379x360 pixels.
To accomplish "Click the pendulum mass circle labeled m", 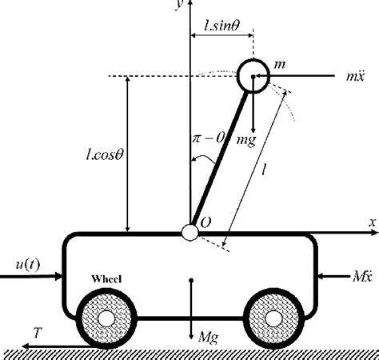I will pyautogui.click(x=253, y=75).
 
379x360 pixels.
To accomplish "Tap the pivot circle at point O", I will pyautogui.click(x=189, y=232).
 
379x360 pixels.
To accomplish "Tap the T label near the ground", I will pyautogui.click(x=38, y=330).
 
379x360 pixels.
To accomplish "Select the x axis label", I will pyautogui.click(x=373, y=222).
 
